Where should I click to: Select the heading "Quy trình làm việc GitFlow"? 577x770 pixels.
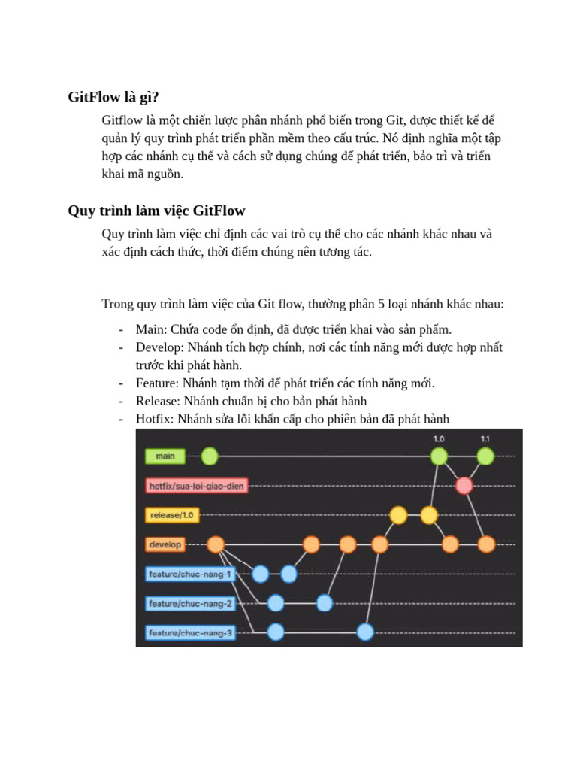point(156,210)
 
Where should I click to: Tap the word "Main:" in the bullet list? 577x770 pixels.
point(152,329)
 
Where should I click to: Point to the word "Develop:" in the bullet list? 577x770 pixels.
point(160,347)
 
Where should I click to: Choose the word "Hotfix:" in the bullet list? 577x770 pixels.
point(155,419)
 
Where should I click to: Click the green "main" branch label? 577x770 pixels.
point(165,456)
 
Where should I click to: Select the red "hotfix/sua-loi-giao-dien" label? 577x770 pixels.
point(197,486)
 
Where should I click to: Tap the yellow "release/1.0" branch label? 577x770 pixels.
point(172,515)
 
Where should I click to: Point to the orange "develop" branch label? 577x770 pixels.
point(165,544)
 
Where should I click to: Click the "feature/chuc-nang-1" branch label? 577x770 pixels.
point(191,574)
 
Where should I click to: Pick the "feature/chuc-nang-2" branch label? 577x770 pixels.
point(191,603)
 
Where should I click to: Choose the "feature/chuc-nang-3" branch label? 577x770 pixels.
point(191,633)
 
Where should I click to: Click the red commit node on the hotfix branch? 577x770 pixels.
point(464,486)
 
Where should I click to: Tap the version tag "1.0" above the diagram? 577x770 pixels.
point(439,438)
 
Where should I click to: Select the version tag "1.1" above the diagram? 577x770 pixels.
point(485,438)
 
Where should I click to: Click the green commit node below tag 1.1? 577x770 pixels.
point(485,456)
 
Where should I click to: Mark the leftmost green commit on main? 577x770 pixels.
point(210,456)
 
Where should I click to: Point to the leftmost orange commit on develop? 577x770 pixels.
point(216,544)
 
